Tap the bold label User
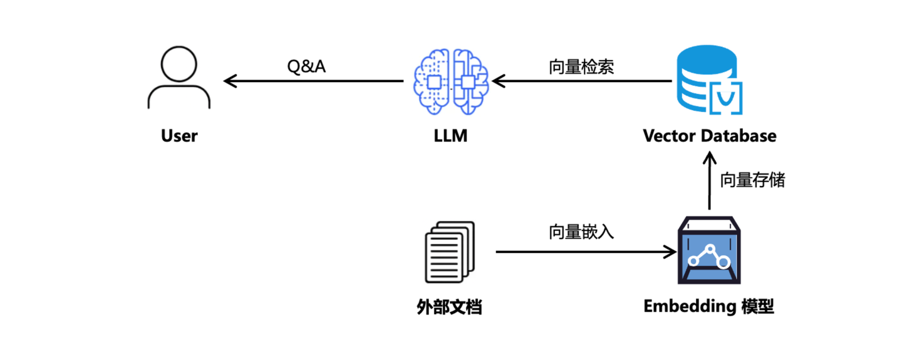click(x=179, y=136)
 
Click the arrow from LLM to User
click(x=313, y=81)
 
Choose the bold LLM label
click(x=451, y=136)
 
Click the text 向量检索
click(x=581, y=67)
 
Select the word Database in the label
click(x=740, y=136)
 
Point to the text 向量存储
click(x=752, y=180)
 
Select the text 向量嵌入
click(x=581, y=232)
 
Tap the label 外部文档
click(x=449, y=307)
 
